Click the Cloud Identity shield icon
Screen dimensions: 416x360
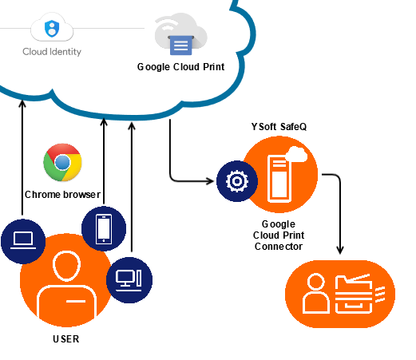pos(52,28)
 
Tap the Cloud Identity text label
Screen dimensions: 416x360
pos(52,52)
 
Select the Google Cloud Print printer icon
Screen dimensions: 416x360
pos(181,45)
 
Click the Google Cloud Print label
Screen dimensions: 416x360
pos(180,67)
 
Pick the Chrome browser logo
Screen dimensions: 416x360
pos(62,162)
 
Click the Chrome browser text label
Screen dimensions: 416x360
pos(62,195)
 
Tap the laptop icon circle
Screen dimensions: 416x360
pos(23,241)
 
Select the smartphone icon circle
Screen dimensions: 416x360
pos(104,229)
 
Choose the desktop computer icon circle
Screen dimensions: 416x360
pos(129,280)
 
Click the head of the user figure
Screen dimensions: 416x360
pos(66,266)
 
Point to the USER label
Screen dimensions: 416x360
pos(66,339)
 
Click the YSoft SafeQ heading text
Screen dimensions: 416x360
pos(279,127)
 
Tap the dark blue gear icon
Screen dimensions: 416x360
pos(237,181)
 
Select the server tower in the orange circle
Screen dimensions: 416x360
pos(279,179)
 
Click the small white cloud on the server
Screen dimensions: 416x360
pos(296,154)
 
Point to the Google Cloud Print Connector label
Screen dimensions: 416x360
pos(279,235)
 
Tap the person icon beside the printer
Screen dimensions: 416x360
pos(316,293)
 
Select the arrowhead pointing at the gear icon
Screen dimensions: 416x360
pos(210,181)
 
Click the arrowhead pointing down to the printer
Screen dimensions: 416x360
pos(340,251)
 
